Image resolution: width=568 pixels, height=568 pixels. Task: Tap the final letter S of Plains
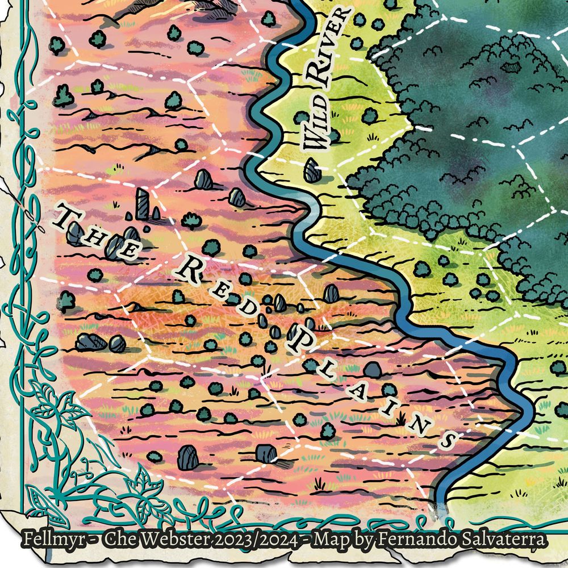(448, 438)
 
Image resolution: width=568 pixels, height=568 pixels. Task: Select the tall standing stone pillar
(142, 203)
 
